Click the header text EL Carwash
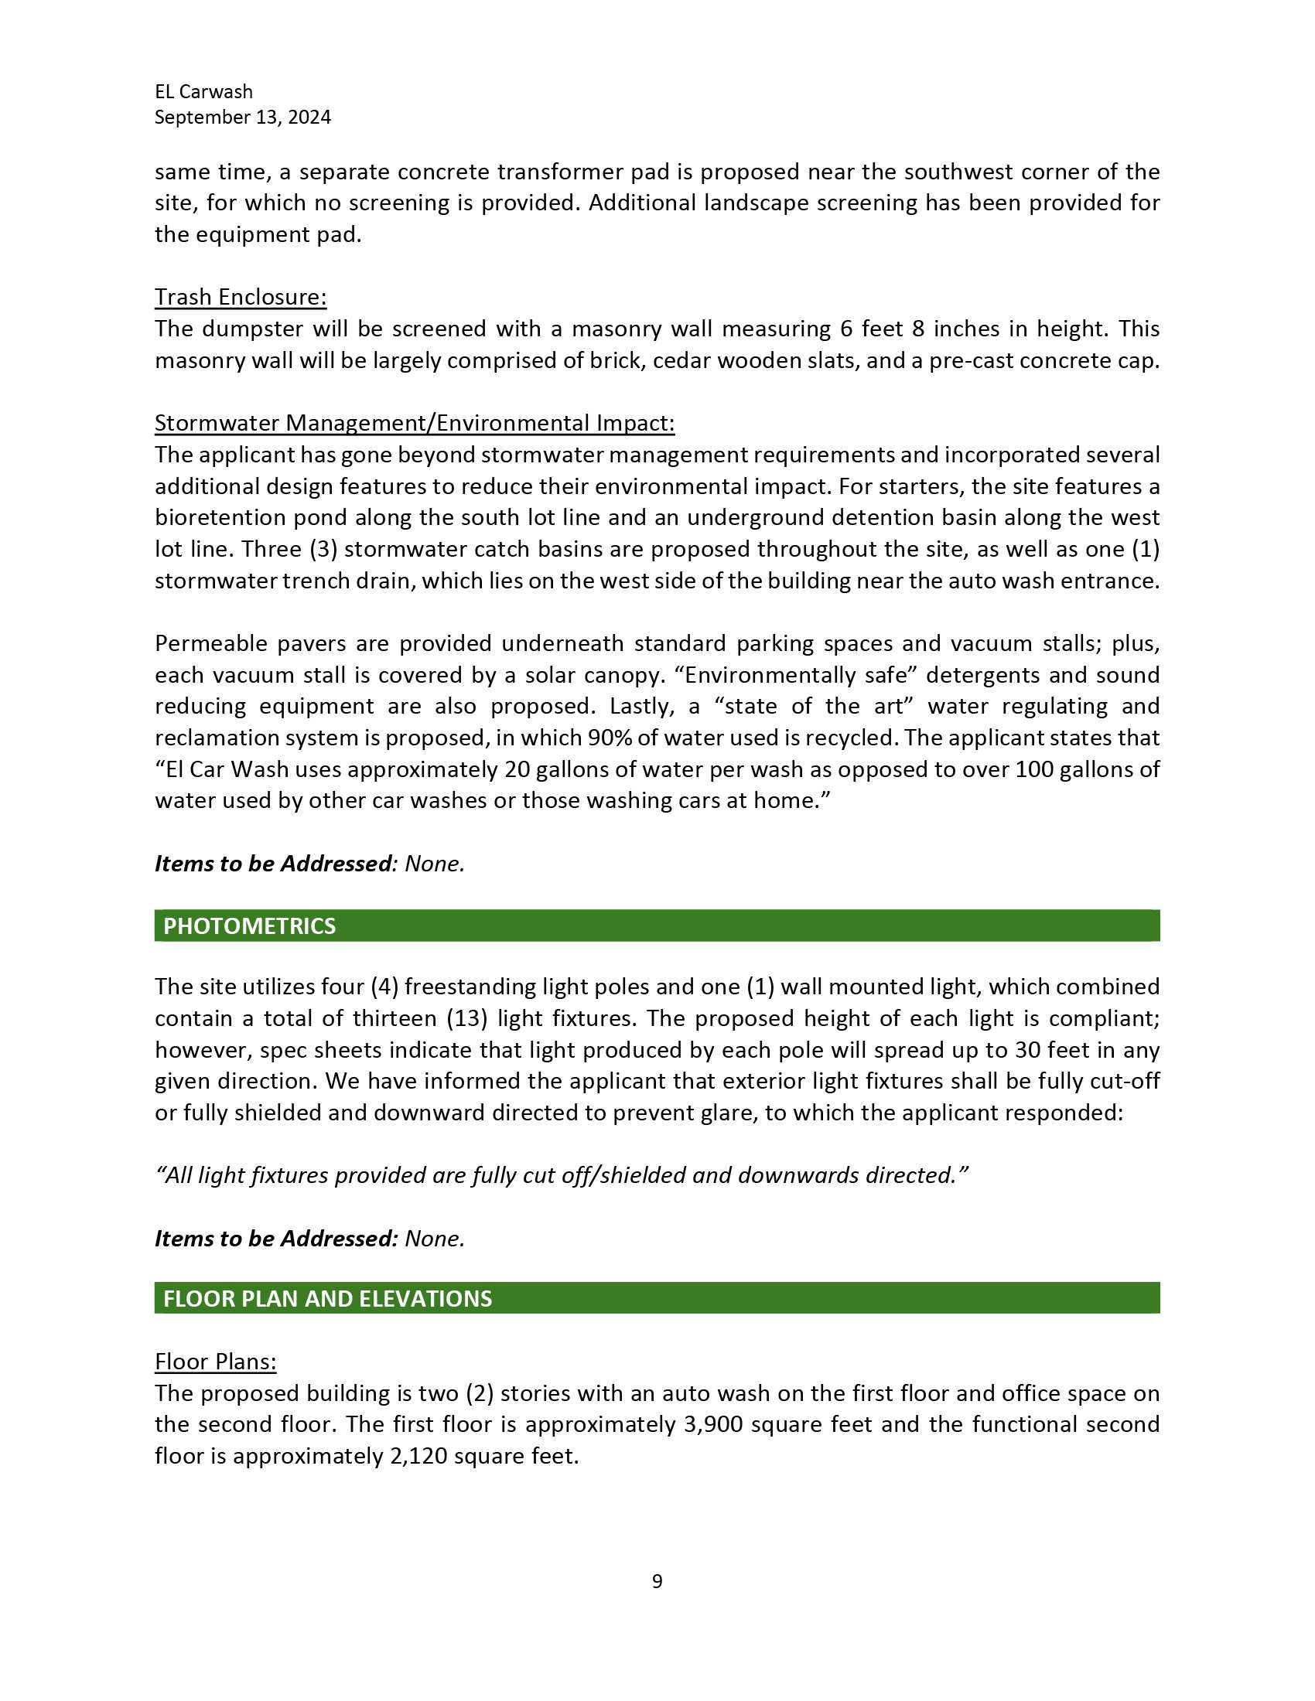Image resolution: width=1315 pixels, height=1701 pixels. point(203,92)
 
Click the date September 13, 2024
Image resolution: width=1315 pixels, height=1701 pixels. point(242,118)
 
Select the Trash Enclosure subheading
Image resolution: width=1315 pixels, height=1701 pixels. point(240,297)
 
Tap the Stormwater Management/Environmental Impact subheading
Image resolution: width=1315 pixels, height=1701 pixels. point(415,423)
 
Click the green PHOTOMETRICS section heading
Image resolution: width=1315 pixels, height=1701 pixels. point(249,926)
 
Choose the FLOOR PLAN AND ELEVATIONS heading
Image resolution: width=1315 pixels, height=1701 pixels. point(327,1298)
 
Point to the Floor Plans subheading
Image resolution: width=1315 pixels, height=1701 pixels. point(215,1362)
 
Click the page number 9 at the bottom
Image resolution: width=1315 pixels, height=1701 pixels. point(657,1581)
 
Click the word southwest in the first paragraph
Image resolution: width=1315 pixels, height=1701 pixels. point(953,172)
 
